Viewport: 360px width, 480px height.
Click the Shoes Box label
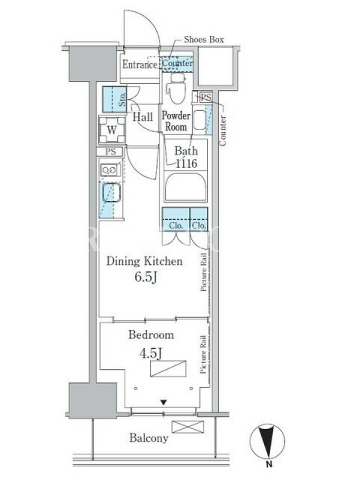point(203,40)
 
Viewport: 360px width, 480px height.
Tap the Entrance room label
point(140,65)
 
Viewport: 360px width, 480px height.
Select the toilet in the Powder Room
point(176,88)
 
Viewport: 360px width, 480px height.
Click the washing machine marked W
point(112,130)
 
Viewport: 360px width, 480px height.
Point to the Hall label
point(143,116)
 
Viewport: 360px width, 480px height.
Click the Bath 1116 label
point(186,157)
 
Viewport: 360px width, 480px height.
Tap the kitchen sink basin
point(111,193)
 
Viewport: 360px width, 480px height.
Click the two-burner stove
point(109,170)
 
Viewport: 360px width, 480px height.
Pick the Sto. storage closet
point(115,100)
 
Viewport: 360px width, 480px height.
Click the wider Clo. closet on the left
point(175,219)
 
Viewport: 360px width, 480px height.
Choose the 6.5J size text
point(146,277)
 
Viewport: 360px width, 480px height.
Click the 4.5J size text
point(151,353)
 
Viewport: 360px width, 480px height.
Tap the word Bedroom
point(151,335)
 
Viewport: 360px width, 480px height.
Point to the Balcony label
point(149,438)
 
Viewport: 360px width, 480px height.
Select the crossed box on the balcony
point(188,427)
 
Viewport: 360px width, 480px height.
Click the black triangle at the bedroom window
point(164,402)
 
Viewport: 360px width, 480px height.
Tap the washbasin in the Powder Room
point(200,121)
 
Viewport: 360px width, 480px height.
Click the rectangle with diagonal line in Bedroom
point(168,368)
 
